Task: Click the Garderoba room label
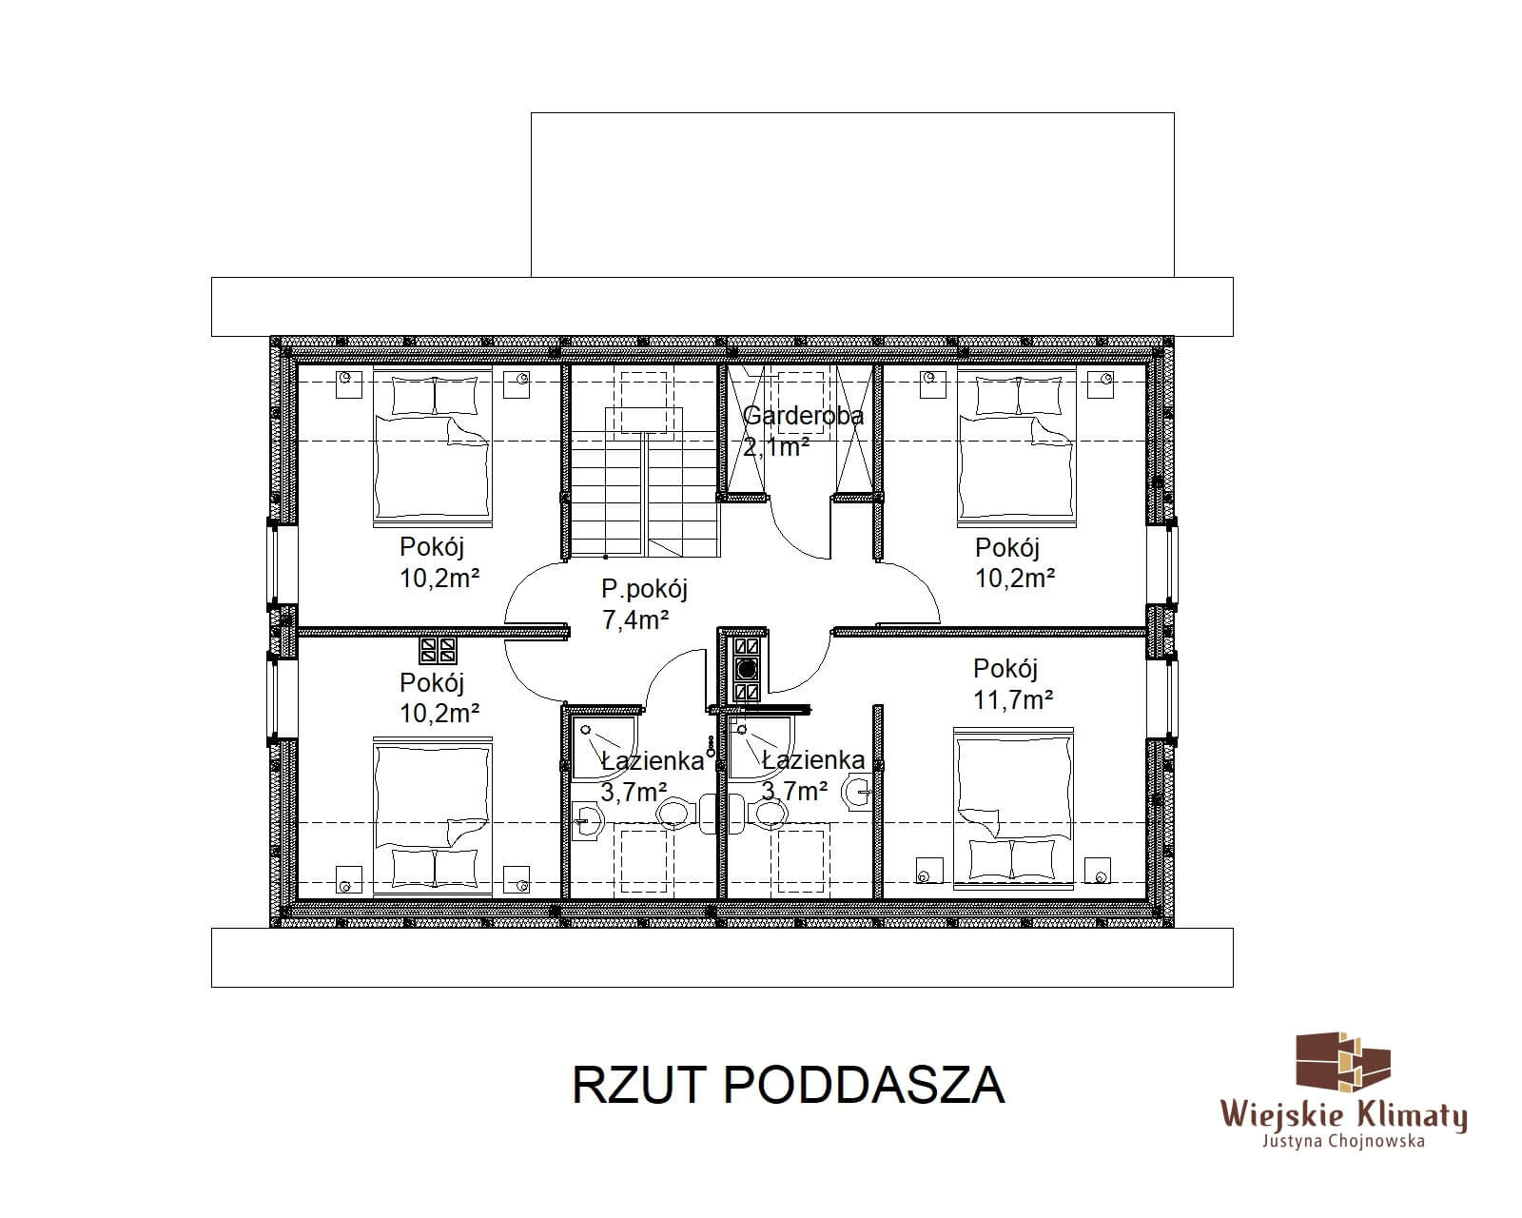click(x=803, y=416)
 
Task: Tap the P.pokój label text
click(x=644, y=589)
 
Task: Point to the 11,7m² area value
click(x=1013, y=700)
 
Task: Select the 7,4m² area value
click(x=635, y=620)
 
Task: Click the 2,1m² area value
click(x=776, y=446)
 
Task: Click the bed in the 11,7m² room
click(x=1014, y=808)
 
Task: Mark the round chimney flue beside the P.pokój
click(x=746, y=668)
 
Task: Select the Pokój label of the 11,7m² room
click(x=1005, y=669)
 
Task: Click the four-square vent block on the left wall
click(x=438, y=651)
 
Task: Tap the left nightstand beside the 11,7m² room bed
click(x=928, y=872)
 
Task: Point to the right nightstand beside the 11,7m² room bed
click(x=1097, y=872)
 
